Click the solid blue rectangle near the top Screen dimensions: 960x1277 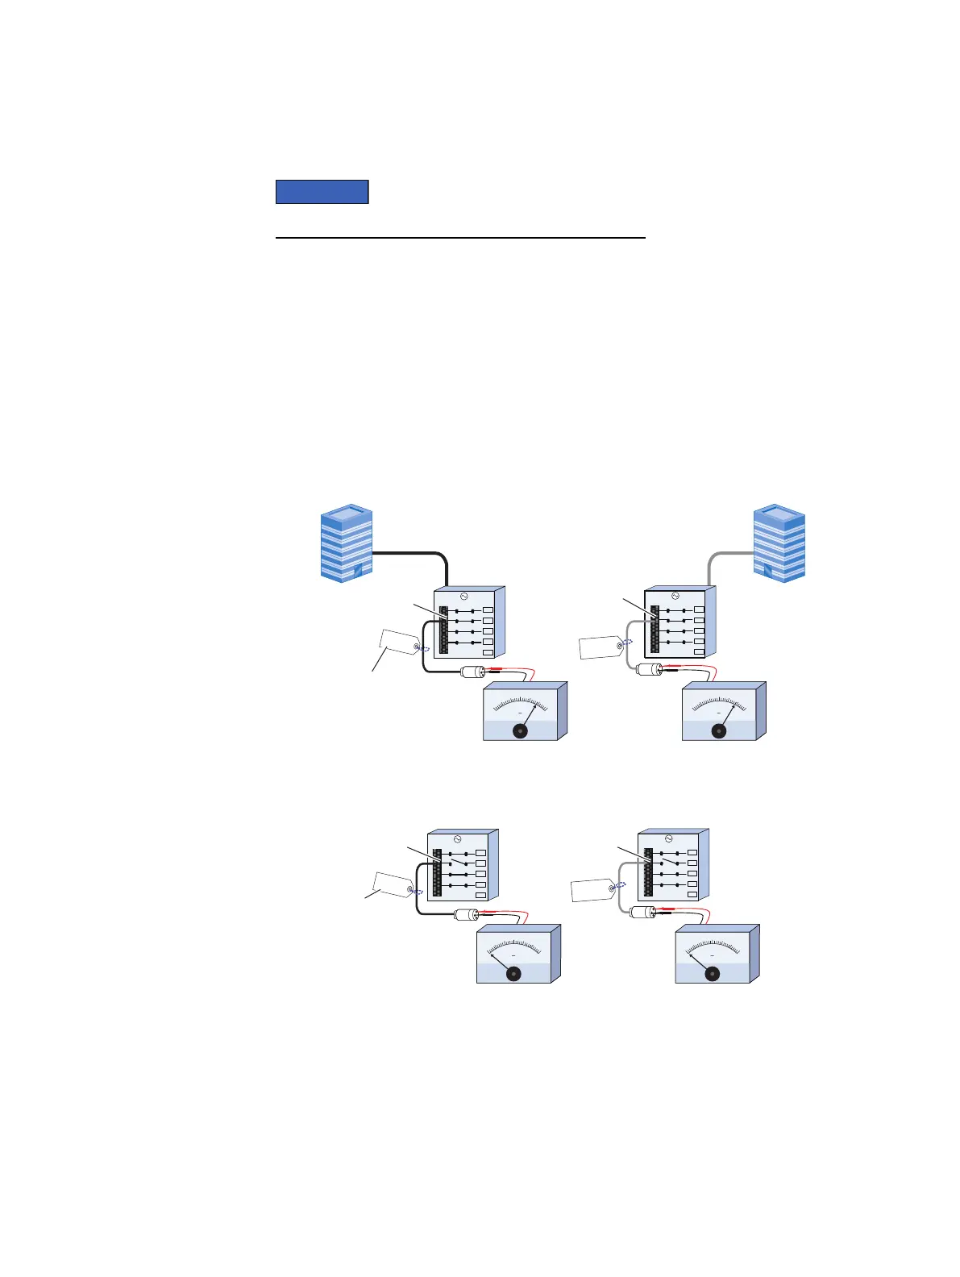click(x=322, y=192)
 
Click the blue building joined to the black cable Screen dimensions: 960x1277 click(x=347, y=543)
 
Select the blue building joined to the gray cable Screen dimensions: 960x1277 click(x=779, y=543)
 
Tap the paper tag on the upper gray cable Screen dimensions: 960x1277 click(x=601, y=647)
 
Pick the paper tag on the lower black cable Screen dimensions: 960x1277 click(x=391, y=885)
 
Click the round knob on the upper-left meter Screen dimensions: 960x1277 click(x=520, y=730)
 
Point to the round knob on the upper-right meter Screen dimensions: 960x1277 click(x=718, y=730)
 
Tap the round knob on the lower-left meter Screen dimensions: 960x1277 click(x=513, y=974)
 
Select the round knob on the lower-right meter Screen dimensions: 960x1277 click(x=712, y=974)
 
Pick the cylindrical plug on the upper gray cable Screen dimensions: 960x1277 click(x=649, y=669)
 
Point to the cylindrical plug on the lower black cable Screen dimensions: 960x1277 click(x=467, y=914)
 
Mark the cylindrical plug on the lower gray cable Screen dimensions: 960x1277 click(x=642, y=913)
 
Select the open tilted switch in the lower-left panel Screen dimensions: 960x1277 click(x=458, y=863)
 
